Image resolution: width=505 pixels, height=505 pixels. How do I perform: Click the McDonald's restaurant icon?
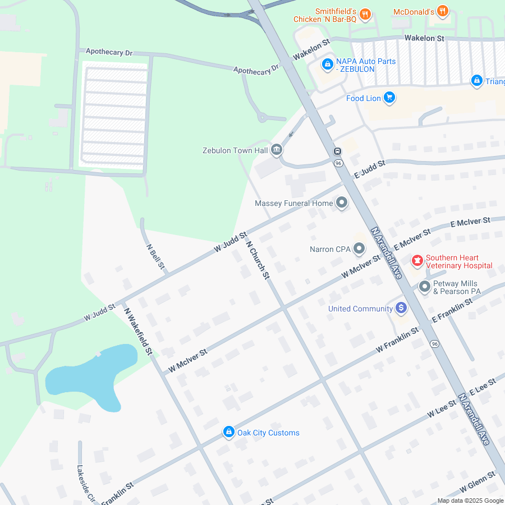point(443,11)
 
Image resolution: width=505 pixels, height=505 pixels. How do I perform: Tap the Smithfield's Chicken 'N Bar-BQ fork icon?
point(365,15)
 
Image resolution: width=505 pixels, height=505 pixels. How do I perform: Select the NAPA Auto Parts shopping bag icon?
point(327,65)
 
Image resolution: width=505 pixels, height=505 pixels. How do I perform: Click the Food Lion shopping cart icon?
point(389,98)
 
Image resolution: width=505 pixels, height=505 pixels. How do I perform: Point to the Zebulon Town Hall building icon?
point(276,150)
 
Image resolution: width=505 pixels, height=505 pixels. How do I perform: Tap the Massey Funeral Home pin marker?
point(342,203)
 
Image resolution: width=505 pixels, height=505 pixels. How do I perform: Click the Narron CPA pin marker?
point(359,249)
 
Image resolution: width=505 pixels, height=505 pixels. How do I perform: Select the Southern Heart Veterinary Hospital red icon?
point(417,261)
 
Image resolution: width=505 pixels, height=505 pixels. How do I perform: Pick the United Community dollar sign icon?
point(401,308)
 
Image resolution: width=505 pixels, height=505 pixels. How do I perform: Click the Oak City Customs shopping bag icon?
point(228,432)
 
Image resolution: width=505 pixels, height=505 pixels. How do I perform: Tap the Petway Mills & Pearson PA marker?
point(425,287)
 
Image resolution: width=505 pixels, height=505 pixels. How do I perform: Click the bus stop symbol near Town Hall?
point(338,151)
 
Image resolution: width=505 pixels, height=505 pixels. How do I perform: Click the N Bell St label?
point(155,256)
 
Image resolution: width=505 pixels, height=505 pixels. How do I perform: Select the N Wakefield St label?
point(138,331)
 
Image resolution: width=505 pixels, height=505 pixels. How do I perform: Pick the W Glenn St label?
point(477,482)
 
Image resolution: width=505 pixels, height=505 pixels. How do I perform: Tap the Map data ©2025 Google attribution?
point(470,501)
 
